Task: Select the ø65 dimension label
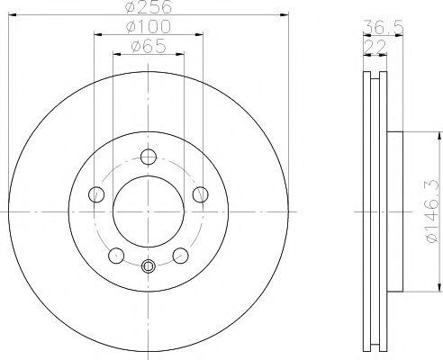(x=149, y=47)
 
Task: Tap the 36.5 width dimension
(x=375, y=27)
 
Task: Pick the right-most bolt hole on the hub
(x=201, y=193)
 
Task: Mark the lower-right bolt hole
(x=181, y=255)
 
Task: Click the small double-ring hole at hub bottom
(x=149, y=265)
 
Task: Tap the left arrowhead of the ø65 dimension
(x=114, y=54)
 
